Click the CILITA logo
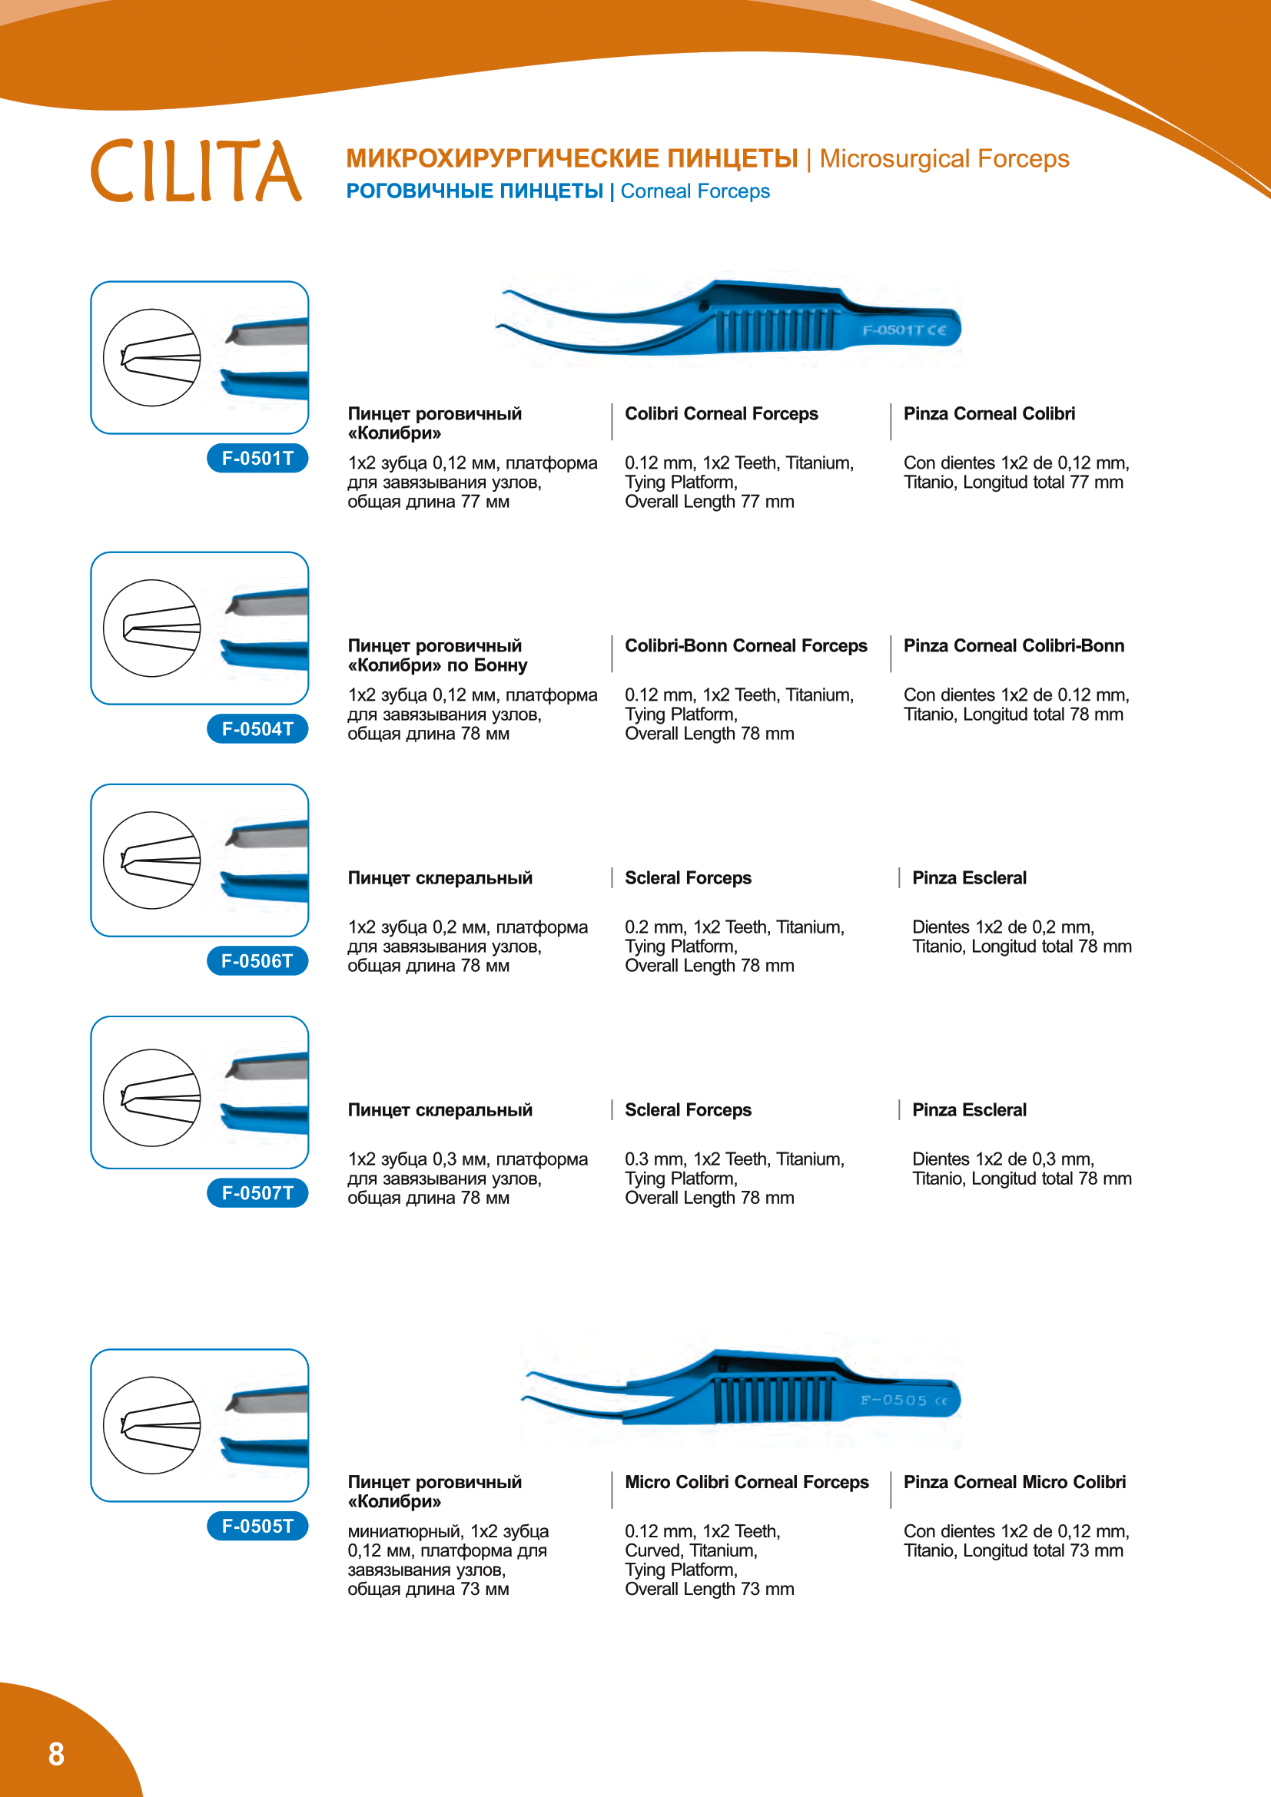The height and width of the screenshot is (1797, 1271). coord(196,171)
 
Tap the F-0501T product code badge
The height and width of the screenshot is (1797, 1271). coord(257,459)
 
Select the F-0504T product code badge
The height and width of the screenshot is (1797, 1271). coord(257,729)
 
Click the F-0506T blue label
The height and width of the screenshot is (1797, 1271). coord(257,961)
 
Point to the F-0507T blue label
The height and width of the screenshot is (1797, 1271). coord(257,1194)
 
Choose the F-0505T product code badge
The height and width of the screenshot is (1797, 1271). coord(257,1527)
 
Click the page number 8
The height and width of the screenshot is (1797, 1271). coord(56,1755)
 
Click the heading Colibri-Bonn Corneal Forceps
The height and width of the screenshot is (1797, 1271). coord(746,645)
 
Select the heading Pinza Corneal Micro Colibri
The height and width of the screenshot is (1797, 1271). coord(1014,1482)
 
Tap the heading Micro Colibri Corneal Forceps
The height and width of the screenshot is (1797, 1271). coord(747,1482)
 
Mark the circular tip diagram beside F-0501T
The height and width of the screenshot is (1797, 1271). coord(152,358)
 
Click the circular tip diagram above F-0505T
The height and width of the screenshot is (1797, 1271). coord(152,1425)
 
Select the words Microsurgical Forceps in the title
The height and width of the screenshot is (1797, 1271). coord(944,159)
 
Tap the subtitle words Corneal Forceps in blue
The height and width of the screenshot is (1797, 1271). coord(695,192)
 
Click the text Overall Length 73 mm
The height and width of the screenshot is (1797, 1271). coord(709,1590)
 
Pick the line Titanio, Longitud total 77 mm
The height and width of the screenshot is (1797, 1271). coord(1013,482)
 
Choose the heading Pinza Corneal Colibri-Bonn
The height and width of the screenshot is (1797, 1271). coord(1014,645)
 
